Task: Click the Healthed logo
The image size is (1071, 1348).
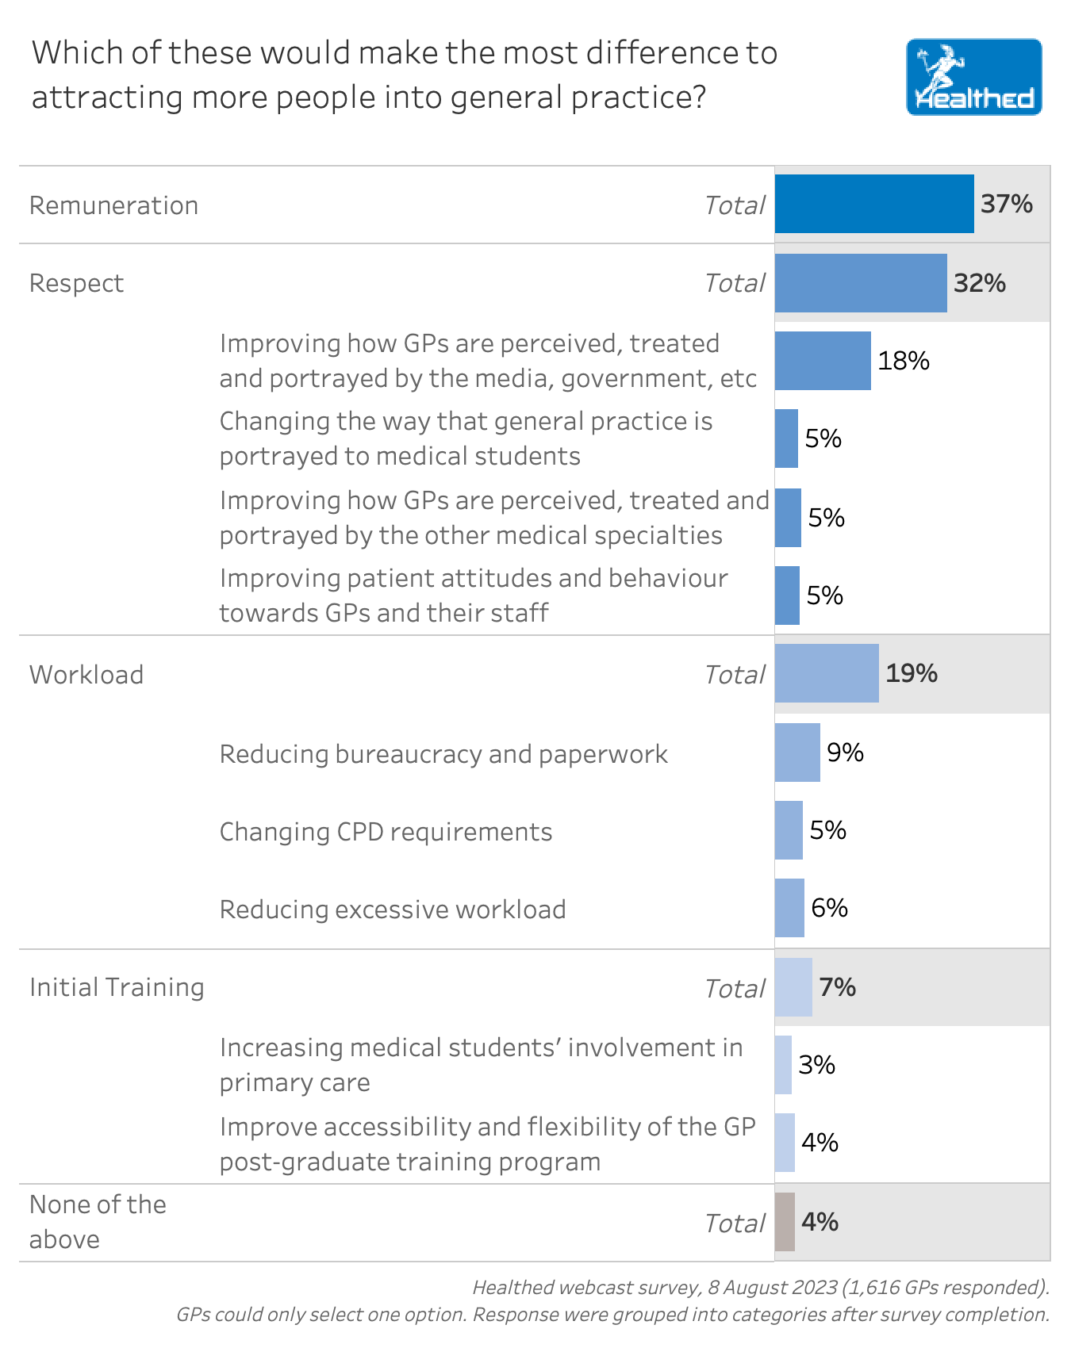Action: click(973, 77)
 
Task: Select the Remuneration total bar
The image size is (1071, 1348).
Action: click(874, 204)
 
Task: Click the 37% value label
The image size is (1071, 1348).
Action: click(1006, 204)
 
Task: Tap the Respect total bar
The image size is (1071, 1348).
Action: click(861, 283)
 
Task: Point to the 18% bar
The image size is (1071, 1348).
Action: click(823, 361)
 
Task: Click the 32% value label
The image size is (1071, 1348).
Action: click(979, 283)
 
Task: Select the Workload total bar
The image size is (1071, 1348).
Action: click(827, 673)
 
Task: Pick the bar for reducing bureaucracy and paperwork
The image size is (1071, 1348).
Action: click(797, 753)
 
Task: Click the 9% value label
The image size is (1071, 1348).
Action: click(845, 753)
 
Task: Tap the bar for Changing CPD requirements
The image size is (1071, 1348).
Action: click(789, 830)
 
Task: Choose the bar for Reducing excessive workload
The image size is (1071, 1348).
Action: click(789, 908)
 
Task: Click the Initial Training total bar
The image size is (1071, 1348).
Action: click(793, 987)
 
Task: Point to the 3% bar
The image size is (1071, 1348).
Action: click(783, 1065)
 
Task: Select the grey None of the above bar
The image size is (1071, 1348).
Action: click(785, 1222)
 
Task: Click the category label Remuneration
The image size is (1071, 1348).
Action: click(113, 205)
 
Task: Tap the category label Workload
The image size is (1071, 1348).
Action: click(86, 675)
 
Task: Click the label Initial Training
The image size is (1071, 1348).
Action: click(117, 987)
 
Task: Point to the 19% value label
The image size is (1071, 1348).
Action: click(911, 673)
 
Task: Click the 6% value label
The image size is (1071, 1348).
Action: click(829, 908)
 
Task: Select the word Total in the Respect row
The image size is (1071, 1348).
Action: click(735, 283)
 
